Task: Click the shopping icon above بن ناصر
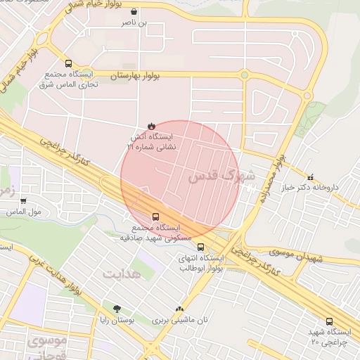tap(134, 13)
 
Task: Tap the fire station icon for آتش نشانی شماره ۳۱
tap(150, 127)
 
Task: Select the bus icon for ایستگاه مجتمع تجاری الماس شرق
tap(67, 63)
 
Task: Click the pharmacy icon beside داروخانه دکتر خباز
tap(311, 176)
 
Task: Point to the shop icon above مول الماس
tap(23, 201)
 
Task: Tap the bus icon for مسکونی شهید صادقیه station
tap(155, 217)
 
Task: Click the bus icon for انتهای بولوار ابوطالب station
tap(201, 247)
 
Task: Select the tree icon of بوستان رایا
tap(117, 309)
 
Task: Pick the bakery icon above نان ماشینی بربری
tap(180, 309)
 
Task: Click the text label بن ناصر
tap(134, 23)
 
